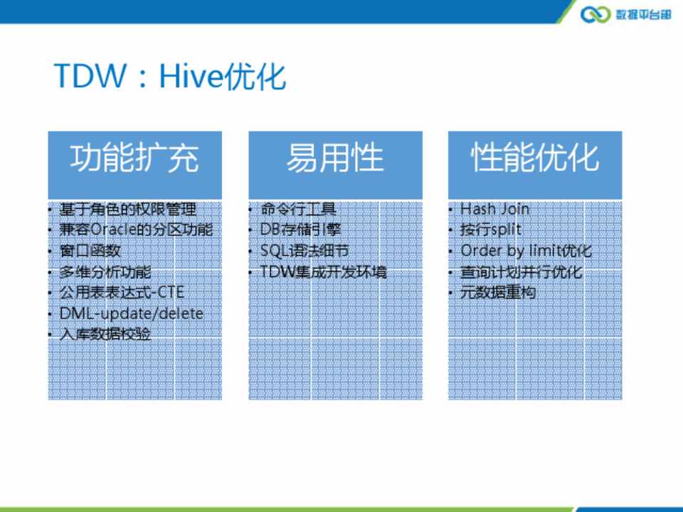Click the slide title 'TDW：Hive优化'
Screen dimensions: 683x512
point(170,76)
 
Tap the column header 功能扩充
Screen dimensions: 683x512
point(134,158)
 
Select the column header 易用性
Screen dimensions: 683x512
point(335,158)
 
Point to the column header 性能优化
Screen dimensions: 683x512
point(535,158)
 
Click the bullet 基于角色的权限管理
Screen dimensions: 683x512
point(127,209)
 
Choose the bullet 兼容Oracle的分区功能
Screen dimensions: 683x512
point(137,230)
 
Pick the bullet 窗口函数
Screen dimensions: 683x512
point(90,250)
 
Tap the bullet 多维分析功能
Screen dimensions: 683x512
point(105,272)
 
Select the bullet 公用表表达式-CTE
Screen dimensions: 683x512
point(122,292)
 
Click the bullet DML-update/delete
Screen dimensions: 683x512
point(131,314)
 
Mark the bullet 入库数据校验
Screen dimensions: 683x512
point(105,334)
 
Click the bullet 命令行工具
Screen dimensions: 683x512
point(298,209)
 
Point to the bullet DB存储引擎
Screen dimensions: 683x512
point(300,230)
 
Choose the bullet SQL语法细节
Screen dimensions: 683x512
point(305,250)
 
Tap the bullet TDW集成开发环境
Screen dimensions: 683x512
point(323,272)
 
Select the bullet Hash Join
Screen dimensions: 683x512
point(495,209)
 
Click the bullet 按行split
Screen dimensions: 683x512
point(491,230)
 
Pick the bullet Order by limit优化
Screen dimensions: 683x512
point(526,250)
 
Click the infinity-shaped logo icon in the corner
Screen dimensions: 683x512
point(595,14)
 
